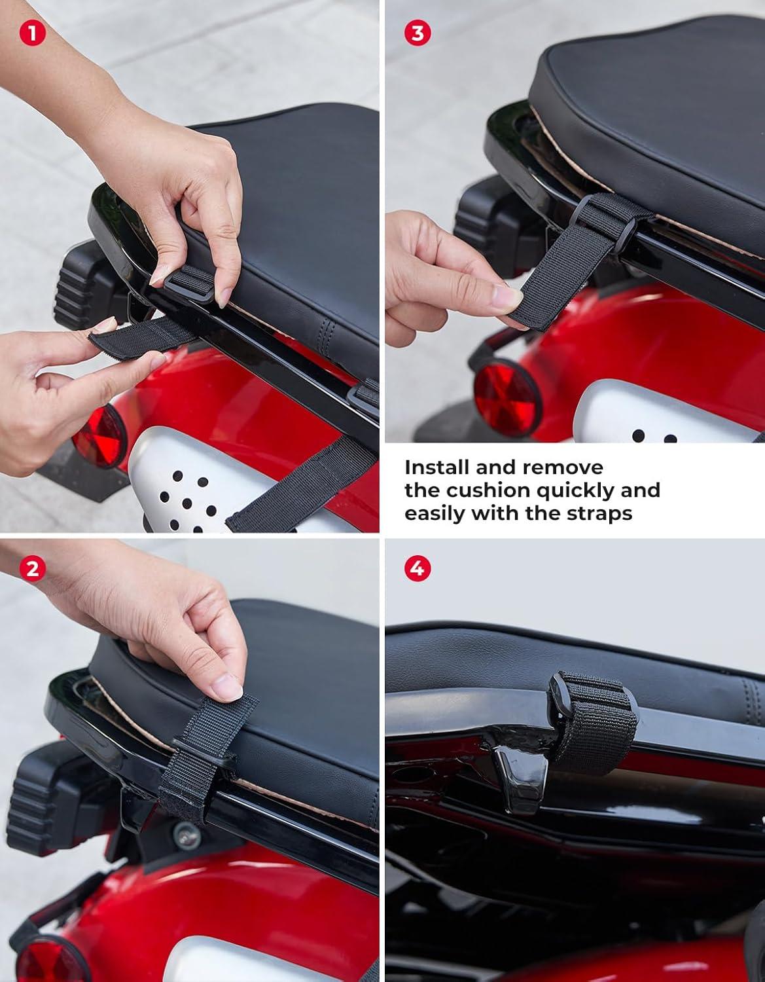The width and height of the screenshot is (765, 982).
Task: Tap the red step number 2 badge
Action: [x=33, y=568]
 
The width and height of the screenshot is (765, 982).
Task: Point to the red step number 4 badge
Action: [x=418, y=568]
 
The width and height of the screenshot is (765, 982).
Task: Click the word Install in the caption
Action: [x=437, y=467]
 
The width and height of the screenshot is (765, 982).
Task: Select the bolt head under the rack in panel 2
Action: [x=187, y=835]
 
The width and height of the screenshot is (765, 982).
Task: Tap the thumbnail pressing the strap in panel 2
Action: [x=226, y=689]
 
